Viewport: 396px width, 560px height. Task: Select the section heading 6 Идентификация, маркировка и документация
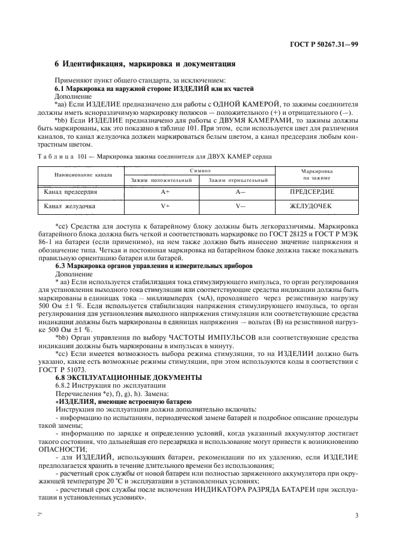(x=145, y=64)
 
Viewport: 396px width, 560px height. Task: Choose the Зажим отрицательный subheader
(x=237, y=179)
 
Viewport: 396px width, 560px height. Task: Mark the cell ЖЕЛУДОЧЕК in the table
(x=310, y=206)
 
